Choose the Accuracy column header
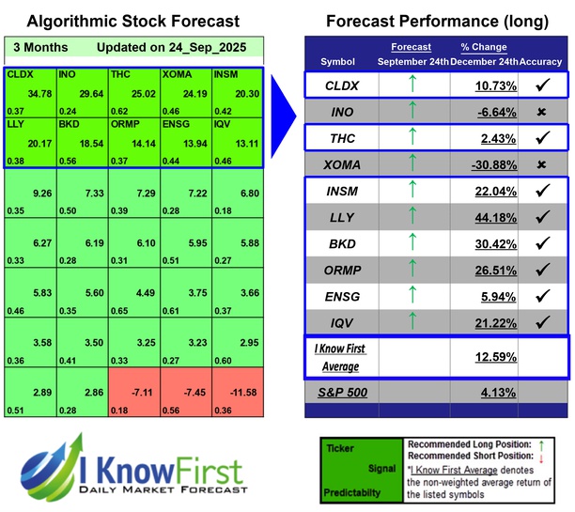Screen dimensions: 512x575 pyautogui.click(x=542, y=61)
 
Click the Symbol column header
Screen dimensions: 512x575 pyautogui.click(x=338, y=61)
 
